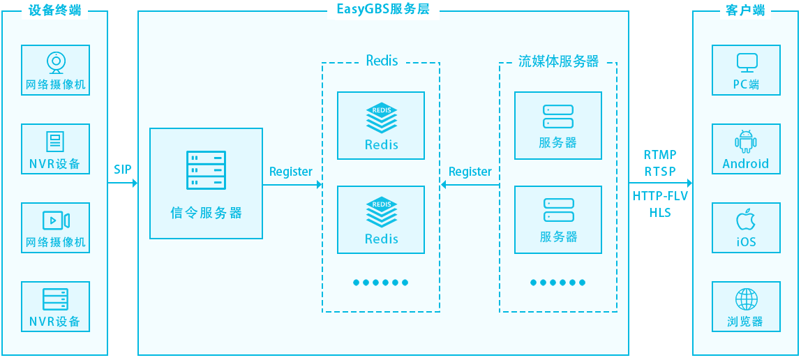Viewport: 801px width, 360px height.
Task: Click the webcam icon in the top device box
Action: (x=55, y=63)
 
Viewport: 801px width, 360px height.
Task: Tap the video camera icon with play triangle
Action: (x=55, y=220)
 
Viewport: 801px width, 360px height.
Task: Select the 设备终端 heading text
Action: (x=55, y=10)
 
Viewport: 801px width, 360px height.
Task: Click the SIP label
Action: (x=123, y=170)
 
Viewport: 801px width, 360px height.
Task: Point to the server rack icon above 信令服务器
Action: (x=206, y=170)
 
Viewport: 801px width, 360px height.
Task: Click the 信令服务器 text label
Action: (x=206, y=213)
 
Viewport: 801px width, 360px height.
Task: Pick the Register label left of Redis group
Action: (x=291, y=172)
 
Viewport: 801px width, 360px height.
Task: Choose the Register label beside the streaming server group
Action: (x=470, y=172)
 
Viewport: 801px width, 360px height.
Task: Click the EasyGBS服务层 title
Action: (x=383, y=10)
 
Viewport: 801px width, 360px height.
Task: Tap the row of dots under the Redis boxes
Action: (x=380, y=283)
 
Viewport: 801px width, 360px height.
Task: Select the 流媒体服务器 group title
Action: (x=558, y=61)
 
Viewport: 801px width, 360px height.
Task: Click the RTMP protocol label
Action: (x=660, y=155)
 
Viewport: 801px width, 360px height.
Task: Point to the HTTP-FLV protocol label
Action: (x=660, y=196)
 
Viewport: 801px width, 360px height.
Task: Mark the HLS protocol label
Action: (x=660, y=213)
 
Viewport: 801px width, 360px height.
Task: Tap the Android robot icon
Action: (x=746, y=142)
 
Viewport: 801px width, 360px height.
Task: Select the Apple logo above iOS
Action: (x=746, y=220)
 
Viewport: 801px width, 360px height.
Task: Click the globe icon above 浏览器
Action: (x=746, y=299)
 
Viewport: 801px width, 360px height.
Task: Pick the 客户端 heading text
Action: (x=746, y=10)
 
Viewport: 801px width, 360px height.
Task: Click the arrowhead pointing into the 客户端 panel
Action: (x=689, y=183)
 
